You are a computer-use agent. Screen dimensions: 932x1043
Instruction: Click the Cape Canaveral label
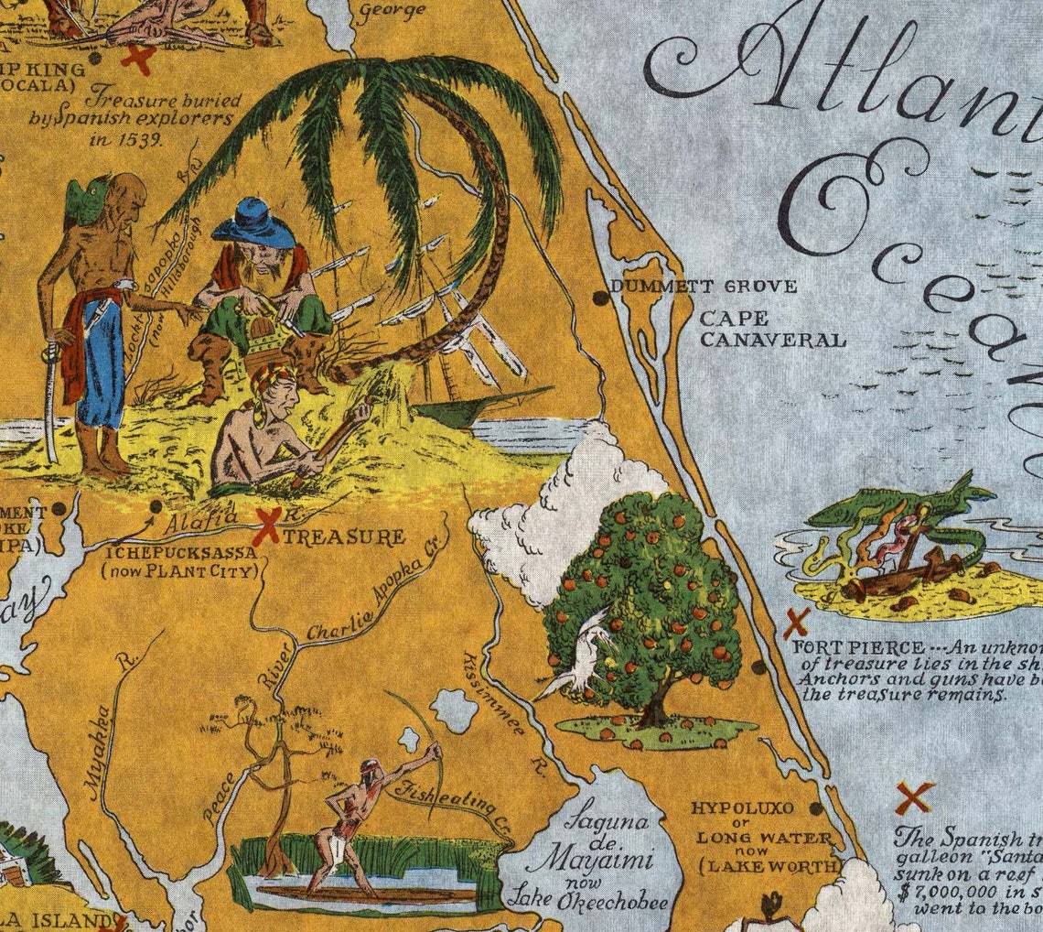pos(771,330)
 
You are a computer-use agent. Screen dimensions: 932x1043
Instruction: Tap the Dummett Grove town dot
pos(600,298)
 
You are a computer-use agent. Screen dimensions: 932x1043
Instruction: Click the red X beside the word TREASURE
pos(266,527)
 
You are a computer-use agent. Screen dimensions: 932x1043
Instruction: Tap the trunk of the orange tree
pos(655,709)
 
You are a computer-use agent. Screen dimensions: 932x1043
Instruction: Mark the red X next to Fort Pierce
pos(796,623)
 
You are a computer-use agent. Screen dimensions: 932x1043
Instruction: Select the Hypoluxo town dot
pos(815,808)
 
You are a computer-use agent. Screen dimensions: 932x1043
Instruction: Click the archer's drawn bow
pos(416,732)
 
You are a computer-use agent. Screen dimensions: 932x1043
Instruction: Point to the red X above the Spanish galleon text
pos(914,797)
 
